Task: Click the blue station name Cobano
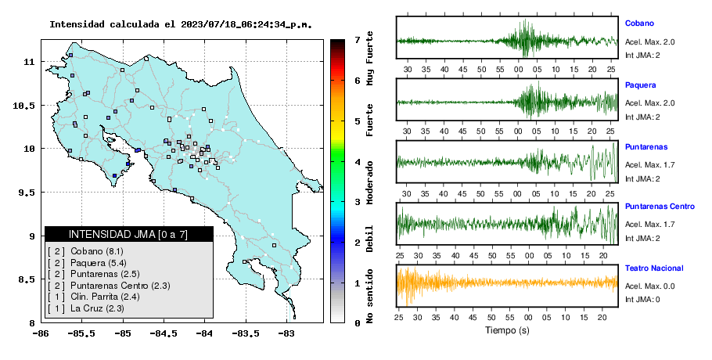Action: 639,23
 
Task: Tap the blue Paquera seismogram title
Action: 640,85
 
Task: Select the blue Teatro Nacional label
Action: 654,268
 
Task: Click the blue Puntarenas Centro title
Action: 660,207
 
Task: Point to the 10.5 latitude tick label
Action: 23,106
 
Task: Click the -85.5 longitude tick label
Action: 82,333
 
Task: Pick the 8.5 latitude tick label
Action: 27,279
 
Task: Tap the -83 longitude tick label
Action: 286,333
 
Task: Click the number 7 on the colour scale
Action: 358,40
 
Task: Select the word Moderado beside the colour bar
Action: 369,182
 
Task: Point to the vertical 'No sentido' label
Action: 369,296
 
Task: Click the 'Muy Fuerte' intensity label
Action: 369,58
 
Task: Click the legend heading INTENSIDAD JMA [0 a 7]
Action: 128,234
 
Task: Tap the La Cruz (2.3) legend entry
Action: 86,308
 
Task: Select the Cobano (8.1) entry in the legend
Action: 85,251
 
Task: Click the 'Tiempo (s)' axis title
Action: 507,330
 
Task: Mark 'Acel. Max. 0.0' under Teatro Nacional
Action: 649,286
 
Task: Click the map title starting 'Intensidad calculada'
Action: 181,24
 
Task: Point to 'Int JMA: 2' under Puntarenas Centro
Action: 642,239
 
